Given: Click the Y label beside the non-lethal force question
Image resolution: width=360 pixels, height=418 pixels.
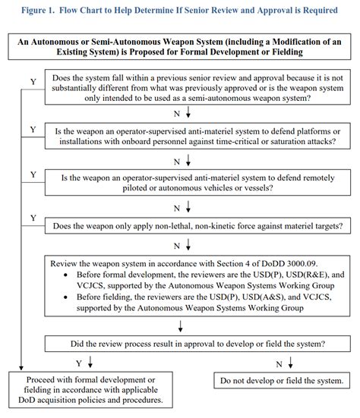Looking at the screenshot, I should (33, 218).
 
